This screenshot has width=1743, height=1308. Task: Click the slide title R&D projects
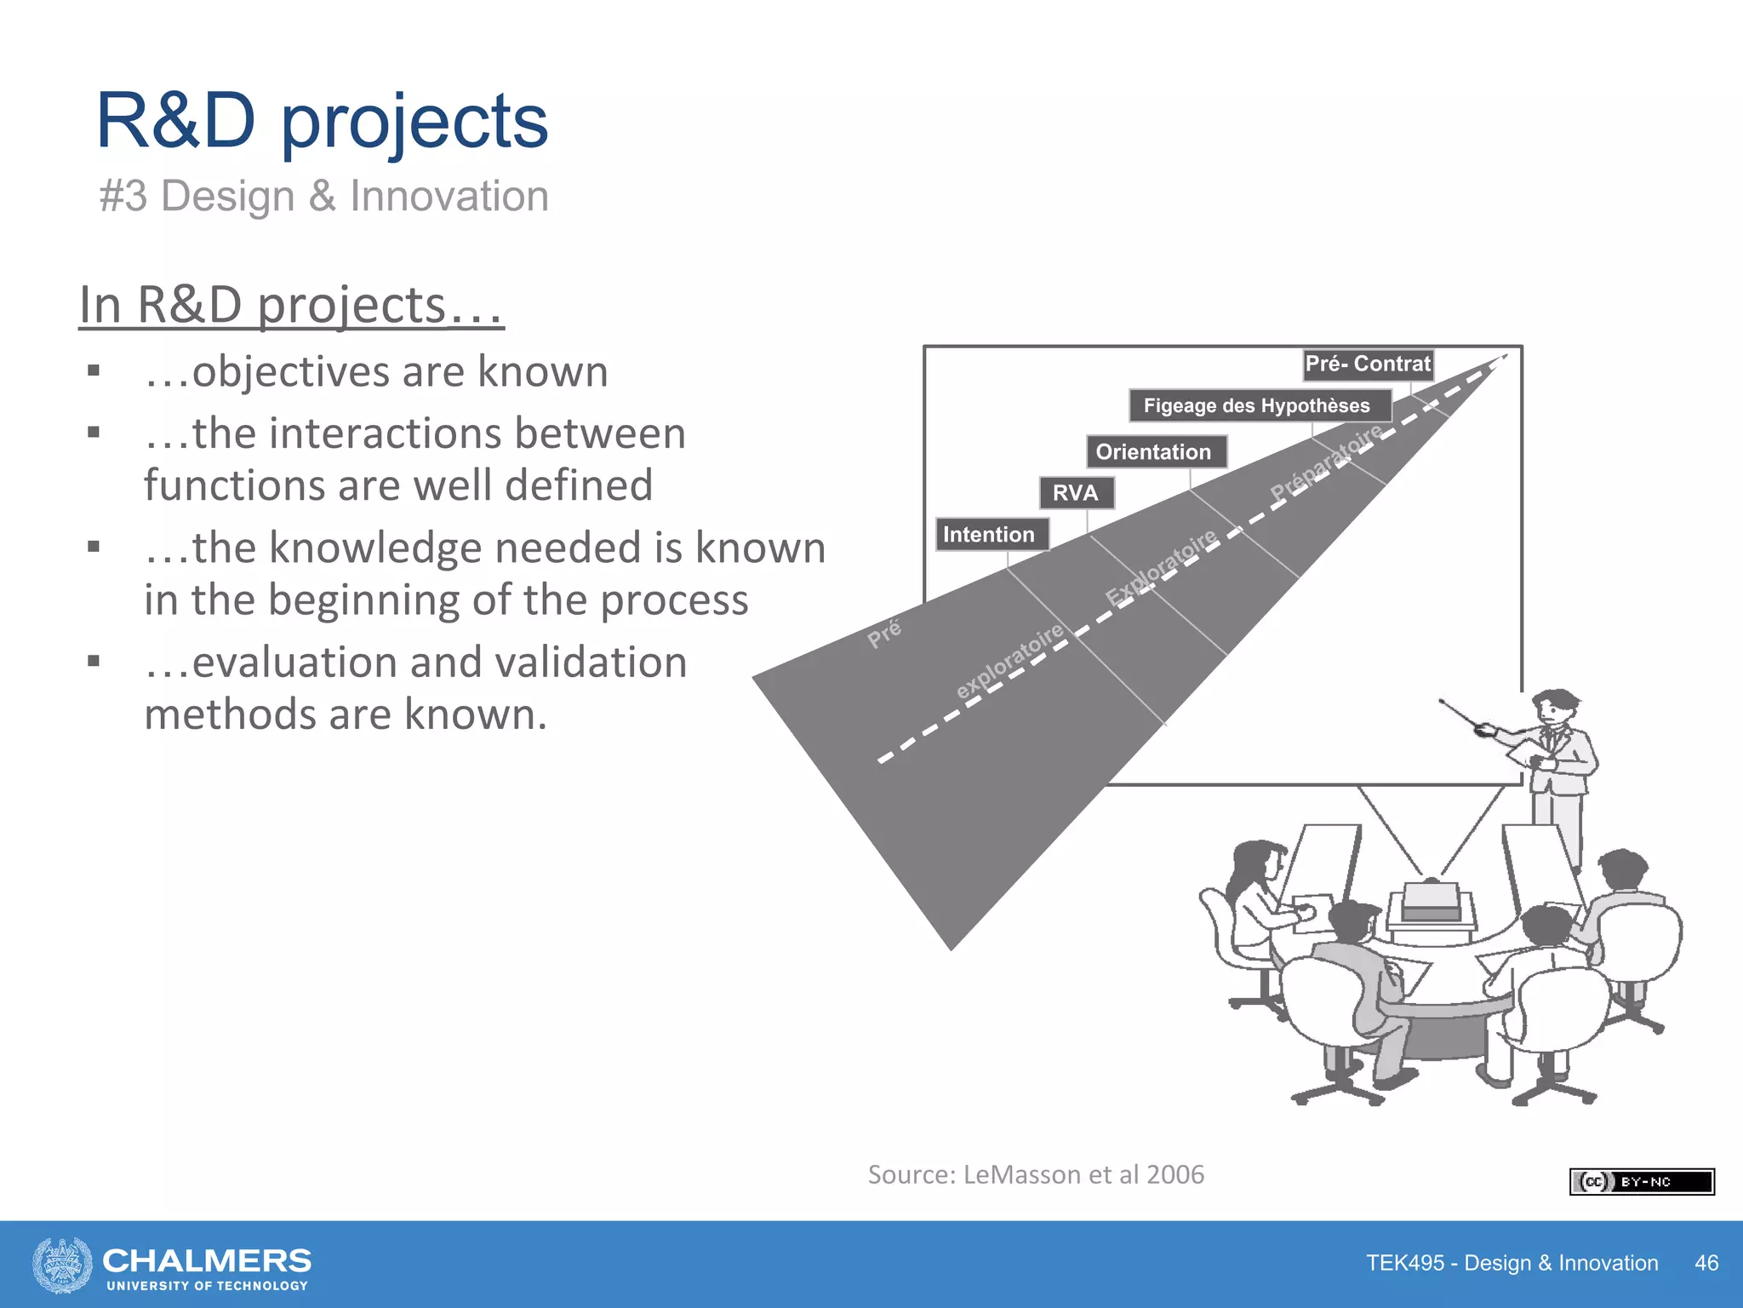pos(322,122)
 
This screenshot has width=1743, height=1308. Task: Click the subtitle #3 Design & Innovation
pos(323,196)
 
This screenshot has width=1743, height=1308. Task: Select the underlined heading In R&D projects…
pos(291,305)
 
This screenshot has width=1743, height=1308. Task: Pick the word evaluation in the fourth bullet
pos(294,663)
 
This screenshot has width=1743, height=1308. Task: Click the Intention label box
pos(991,535)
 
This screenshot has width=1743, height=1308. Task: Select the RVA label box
pos(1076,493)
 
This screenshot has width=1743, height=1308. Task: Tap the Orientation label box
pos(1155,452)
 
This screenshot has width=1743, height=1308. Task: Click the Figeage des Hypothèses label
pos(1258,406)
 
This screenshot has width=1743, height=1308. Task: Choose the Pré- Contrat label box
pos(1368,364)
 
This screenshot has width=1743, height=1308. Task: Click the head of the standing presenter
pos(1553,708)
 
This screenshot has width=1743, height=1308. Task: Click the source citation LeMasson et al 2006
pos(1036,1175)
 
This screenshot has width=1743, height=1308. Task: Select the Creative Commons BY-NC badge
pos(1641,1182)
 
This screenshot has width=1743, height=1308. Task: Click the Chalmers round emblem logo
pos(62,1265)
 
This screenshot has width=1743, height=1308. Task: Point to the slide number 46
pos(1706,1263)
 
